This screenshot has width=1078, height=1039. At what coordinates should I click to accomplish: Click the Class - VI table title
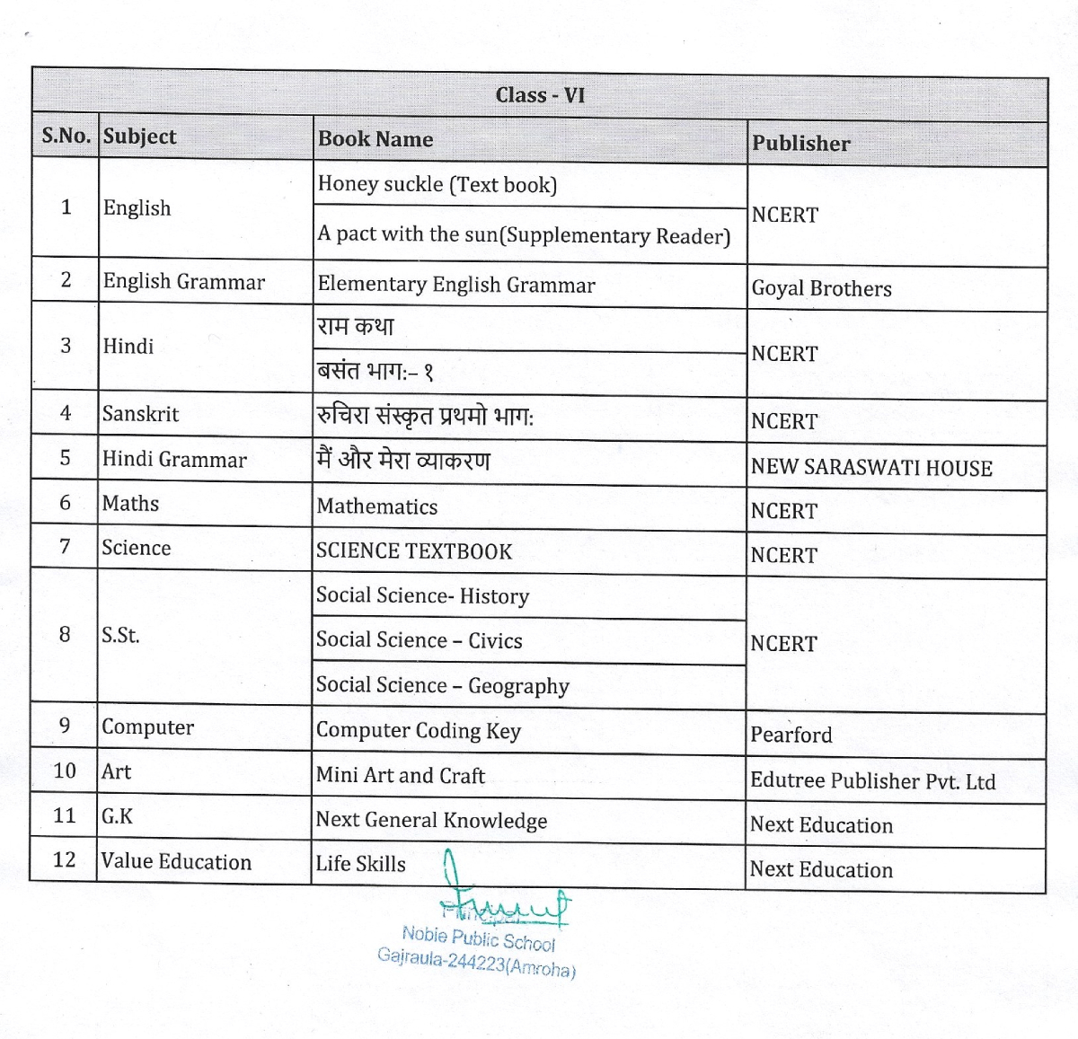540,95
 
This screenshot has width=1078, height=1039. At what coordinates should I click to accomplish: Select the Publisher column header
800,144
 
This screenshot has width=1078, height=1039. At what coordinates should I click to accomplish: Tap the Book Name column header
376,139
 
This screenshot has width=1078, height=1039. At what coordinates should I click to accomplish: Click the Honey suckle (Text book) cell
437,185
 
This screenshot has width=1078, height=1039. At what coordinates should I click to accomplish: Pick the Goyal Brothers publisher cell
821,289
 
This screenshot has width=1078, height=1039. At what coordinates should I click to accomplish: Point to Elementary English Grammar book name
456,286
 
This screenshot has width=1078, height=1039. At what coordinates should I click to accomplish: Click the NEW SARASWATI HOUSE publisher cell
871,468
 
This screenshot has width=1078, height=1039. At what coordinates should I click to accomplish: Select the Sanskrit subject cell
140,414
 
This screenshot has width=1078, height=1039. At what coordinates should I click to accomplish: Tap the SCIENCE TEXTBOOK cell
414,551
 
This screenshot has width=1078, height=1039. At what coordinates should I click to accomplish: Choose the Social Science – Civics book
419,640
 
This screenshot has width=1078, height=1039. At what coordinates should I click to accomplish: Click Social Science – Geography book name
442,686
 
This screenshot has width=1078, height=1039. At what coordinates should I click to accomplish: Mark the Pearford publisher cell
791,735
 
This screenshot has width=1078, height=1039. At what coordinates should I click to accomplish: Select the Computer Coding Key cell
418,731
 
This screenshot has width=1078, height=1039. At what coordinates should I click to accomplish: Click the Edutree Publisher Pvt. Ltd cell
872,780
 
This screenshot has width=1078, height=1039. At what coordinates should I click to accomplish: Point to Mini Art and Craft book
400,775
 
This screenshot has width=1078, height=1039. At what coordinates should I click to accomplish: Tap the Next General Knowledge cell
431,820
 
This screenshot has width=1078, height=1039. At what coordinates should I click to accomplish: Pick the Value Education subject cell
176,862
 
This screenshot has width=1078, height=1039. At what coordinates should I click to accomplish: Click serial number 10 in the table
65,770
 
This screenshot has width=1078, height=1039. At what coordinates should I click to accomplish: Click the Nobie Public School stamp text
478,939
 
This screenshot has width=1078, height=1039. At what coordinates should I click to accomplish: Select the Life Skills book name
360,864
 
